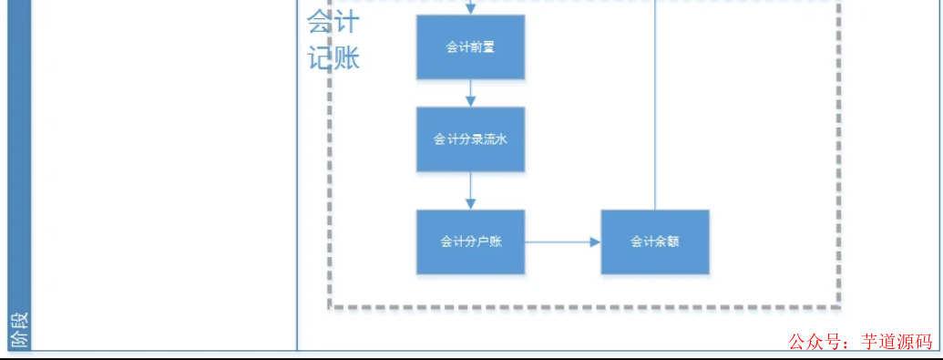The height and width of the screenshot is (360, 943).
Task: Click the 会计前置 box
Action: click(x=470, y=46)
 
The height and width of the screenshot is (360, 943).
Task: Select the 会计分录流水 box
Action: click(x=470, y=139)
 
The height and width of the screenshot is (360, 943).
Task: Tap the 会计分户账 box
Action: click(x=470, y=242)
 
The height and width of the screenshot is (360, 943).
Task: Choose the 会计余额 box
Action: click(x=655, y=242)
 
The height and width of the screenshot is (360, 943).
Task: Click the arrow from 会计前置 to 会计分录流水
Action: click(x=470, y=93)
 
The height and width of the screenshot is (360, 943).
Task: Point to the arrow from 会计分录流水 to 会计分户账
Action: click(x=470, y=190)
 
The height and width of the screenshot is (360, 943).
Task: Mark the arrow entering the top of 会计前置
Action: click(x=470, y=7)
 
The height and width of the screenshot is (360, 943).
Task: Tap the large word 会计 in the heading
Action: click(x=333, y=21)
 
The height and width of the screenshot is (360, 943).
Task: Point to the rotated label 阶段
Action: click(x=20, y=330)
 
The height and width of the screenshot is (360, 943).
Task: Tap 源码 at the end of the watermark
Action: click(x=917, y=343)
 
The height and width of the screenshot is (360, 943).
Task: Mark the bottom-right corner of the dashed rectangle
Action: click(x=838, y=307)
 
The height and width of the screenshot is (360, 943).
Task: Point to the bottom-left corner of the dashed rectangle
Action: click(x=331, y=307)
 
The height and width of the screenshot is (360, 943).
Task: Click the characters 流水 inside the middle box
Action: click(x=495, y=139)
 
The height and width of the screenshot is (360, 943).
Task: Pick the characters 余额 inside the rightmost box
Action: click(x=667, y=242)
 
